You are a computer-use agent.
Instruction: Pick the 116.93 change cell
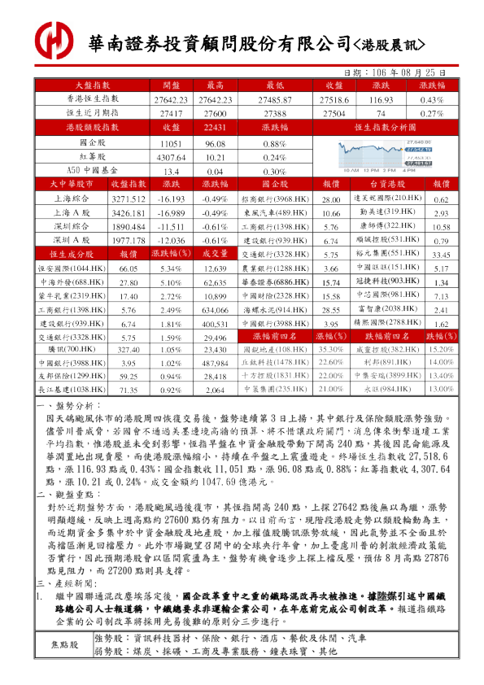pyautogui.click(x=381, y=98)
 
